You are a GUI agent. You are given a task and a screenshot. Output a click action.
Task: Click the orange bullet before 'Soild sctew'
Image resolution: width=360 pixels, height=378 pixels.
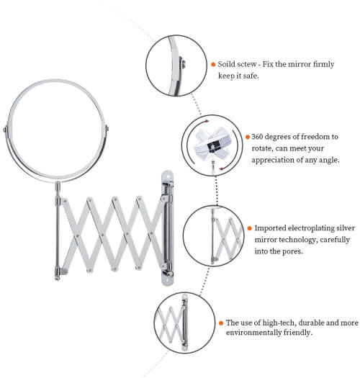(x=214, y=63)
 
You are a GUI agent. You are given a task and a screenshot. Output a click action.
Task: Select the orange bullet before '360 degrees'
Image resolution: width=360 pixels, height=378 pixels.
(x=246, y=136)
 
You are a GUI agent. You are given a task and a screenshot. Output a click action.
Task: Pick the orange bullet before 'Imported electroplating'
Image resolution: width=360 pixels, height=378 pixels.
(x=248, y=228)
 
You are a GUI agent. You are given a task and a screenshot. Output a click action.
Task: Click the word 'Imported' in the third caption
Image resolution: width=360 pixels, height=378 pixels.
(x=273, y=228)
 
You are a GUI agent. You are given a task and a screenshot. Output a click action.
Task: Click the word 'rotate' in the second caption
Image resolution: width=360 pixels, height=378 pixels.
(x=264, y=148)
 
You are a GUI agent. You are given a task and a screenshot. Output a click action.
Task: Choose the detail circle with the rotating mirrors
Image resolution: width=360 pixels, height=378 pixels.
(x=210, y=145)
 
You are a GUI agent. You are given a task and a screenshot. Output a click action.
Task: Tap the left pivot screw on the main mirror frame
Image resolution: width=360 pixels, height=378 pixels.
(x=6, y=130)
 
